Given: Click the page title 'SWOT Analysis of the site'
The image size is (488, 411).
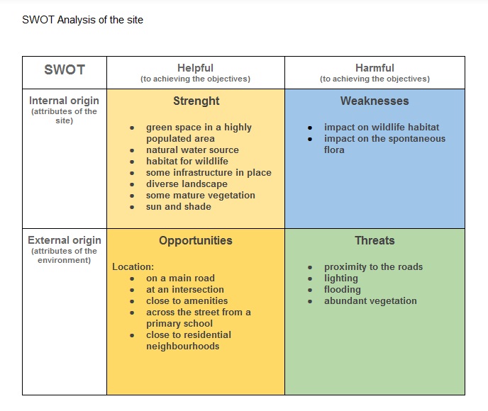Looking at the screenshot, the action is coord(82,20).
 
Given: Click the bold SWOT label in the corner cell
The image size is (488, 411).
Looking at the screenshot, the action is coord(65,69).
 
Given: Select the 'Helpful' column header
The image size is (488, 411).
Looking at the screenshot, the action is coord(196,68).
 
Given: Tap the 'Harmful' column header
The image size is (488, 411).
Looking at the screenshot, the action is coord(375,68).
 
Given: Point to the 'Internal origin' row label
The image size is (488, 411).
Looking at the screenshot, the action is coord(64,101).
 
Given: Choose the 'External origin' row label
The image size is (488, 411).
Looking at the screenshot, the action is coord(65,240).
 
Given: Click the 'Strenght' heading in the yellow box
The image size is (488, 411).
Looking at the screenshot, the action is coord(196,101).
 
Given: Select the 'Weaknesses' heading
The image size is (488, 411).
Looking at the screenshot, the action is coord(375,101).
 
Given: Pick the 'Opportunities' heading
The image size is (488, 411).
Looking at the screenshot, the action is coord(196,241).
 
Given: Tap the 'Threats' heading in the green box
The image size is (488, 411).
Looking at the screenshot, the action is coord(375,240).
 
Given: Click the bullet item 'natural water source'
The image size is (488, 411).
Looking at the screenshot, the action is coord(192,150).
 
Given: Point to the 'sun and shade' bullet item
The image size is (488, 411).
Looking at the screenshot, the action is coord(179,206).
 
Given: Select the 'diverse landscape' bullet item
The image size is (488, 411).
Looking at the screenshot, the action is coord(187,184).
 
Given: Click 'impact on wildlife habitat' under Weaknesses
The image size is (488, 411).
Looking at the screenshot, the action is coord(382,127).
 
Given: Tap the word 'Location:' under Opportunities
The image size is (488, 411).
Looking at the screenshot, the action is coord(133,266).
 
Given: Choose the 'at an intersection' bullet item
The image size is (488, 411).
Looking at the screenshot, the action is coord(185,289).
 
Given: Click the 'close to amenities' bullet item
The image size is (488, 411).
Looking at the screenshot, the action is coord(187,300).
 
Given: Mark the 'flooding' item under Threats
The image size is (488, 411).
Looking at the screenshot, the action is coord(343,290).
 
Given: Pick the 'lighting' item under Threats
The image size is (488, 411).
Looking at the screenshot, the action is coord(340,278).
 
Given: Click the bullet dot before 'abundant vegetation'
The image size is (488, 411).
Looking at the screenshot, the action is coord(310,301).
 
